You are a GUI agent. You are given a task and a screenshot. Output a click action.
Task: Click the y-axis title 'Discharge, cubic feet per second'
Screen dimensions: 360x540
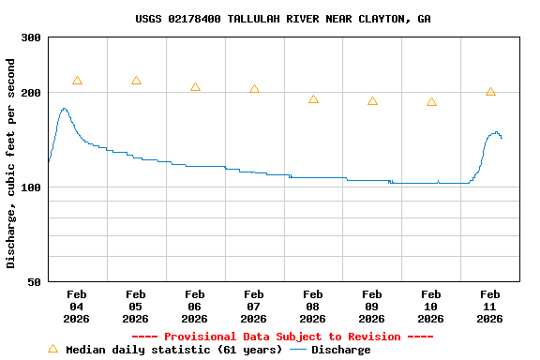pyautogui.click(x=11, y=163)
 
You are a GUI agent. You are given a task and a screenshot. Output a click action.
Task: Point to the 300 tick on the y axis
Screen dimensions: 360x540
pyautogui.click(x=31, y=37)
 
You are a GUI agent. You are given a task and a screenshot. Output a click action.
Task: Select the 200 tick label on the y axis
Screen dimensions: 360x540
pyautogui.click(x=31, y=93)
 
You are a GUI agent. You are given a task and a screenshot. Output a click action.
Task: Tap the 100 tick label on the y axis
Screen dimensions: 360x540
pyautogui.click(x=31, y=187)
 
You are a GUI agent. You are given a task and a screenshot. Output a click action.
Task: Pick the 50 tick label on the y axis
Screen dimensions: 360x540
pyautogui.click(x=34, y=281)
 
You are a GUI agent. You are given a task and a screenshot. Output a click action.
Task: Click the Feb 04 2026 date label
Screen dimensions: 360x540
pyautogui.click(x=77, y=307)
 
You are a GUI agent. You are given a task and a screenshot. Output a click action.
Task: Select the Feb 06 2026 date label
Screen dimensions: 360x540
pyautogui.click(x=195, y=307)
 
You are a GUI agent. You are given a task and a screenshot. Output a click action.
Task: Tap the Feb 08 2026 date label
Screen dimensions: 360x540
pyautogui.click(x=313, y=307)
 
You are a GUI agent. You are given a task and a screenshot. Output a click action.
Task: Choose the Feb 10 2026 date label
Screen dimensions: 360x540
pyautogui.click(x=431, y=307)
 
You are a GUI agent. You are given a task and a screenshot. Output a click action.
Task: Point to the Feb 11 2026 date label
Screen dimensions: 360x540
pyautogui.click(x=490, y=307)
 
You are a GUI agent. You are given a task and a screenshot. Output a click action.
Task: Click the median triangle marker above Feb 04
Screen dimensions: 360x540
pyautogui.click(x=77, y=81)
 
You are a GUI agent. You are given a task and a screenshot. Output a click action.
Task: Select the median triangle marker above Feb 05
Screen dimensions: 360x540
pyautogui.click(x=136, y=81)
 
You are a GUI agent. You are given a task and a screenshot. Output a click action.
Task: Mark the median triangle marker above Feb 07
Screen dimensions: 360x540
pyautogui.click(x=254, y=89)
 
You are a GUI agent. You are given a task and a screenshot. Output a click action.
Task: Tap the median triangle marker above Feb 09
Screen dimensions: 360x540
pyautogui.click(x=372, y=100)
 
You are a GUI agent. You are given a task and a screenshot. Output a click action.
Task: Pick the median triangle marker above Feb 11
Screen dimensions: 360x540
pyautogui.click(x=490, y=92)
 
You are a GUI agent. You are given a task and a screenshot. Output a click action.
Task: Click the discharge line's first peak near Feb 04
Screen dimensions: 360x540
pyautogui.click(x=64, y=109)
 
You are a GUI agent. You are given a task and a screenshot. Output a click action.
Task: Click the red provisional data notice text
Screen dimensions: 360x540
pyautogui.click(x=282, y=337)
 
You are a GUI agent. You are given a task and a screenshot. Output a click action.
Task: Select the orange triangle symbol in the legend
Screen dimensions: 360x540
pyautogui.click(x=53, y=349)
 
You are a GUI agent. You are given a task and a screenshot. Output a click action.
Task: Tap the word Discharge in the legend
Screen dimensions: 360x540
pyautogui.click(x=340, y=350)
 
